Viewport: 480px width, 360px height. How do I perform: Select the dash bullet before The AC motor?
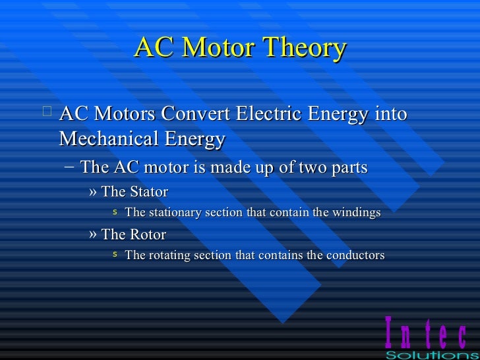coord(70,167)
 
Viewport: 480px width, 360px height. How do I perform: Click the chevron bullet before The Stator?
coord(92,193)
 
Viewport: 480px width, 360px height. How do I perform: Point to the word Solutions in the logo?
coord(431,355)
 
